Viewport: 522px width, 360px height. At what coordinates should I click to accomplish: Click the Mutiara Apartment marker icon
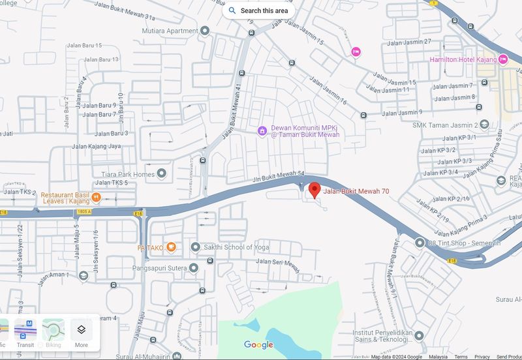(x=205, y=31)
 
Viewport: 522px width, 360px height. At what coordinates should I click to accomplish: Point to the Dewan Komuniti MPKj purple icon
(x=262, y=130)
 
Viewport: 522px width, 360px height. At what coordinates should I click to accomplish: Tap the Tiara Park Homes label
(x=127, y=174)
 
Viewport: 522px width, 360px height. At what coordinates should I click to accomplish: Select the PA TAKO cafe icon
(x=170, y=247)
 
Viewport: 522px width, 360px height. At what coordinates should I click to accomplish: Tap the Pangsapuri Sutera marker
(x=194, y=268)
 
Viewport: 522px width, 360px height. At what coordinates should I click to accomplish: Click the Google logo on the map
(x=259, y=344)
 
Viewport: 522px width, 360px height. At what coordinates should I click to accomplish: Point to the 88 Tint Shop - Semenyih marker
(x=420, y=243)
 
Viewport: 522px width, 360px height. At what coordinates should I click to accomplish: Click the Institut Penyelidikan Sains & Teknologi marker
(x=419, y=335)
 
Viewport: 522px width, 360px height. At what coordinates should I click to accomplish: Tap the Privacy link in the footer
(x=482, y=357)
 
